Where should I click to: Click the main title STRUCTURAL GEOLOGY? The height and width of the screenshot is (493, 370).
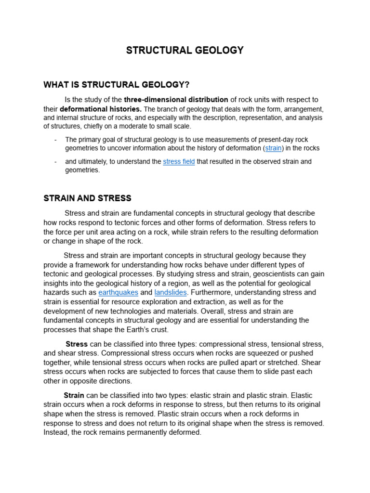[x=185, y=51]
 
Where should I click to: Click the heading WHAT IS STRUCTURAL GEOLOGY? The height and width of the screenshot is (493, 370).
[x=116, y=85]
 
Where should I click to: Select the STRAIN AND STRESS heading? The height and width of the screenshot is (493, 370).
[x=87, y=198]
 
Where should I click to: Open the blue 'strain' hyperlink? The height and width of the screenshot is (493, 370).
[x=273, y=148]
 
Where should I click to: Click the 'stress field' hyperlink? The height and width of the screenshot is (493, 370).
[x=179, y=162]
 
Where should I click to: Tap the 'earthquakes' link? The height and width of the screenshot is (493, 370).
[x=118, y=292]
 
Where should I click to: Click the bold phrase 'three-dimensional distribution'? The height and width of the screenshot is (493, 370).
[x=176, y=100]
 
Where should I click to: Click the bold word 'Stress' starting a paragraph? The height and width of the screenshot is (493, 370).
[x=77, y=344]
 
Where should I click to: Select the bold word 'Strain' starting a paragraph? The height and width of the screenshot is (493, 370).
[x=74, y=395]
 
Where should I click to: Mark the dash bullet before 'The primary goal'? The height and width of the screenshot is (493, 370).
[x=56, y=140]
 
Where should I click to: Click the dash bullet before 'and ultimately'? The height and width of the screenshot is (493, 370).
[x=56, y=162]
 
